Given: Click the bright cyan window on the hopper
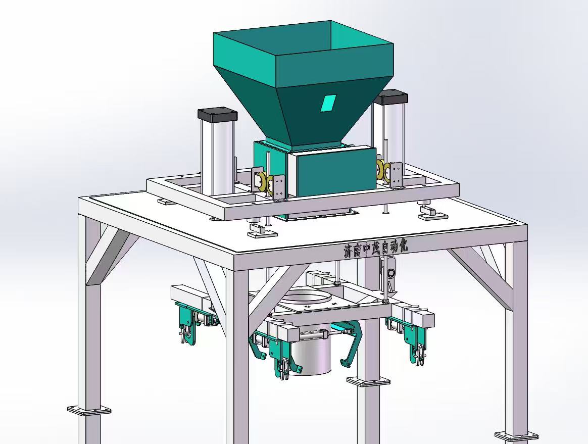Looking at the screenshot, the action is (x=328, y=103).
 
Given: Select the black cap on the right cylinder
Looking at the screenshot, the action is (x=393, y=97).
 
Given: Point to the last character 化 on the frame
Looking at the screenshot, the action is (x=402, y=246).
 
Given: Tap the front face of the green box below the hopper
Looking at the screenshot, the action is (x=335, y=173).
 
